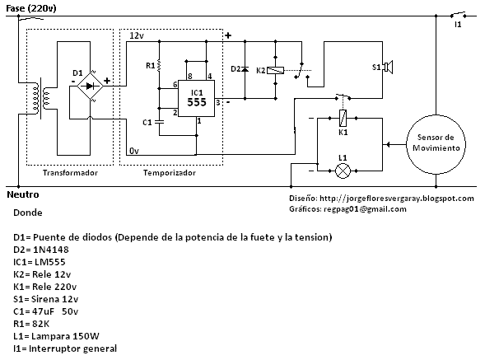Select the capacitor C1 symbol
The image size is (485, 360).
pos(159,121)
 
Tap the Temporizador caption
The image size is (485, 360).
pos(169,173)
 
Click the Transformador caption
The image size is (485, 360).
pos(69,173)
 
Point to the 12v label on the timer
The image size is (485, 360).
pos(137,36)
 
